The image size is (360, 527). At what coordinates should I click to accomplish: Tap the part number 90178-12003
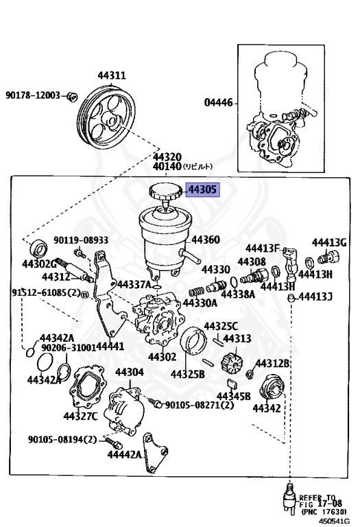pyautogui.click(x=33, y=95)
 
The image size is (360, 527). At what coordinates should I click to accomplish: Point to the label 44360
pyautogui.click(x=205, y=240)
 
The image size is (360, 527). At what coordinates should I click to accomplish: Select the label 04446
pyautogui.click(x=218, y=104)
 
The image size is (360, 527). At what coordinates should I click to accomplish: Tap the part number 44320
pyautogui.click(x=167, y=156)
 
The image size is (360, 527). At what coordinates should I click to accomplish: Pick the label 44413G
pyautogui.click(x=329, y=242)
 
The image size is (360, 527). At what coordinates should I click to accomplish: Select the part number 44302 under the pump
pyautogui.click(x=162, y=357)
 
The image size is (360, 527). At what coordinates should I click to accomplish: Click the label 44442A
pyautogui.click(x=124, y=455)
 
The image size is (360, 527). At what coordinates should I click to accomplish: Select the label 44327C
pyautogui.click(x=81, y=416)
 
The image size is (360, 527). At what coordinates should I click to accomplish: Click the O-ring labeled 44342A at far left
pyautogui.click(x=29, y=353)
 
